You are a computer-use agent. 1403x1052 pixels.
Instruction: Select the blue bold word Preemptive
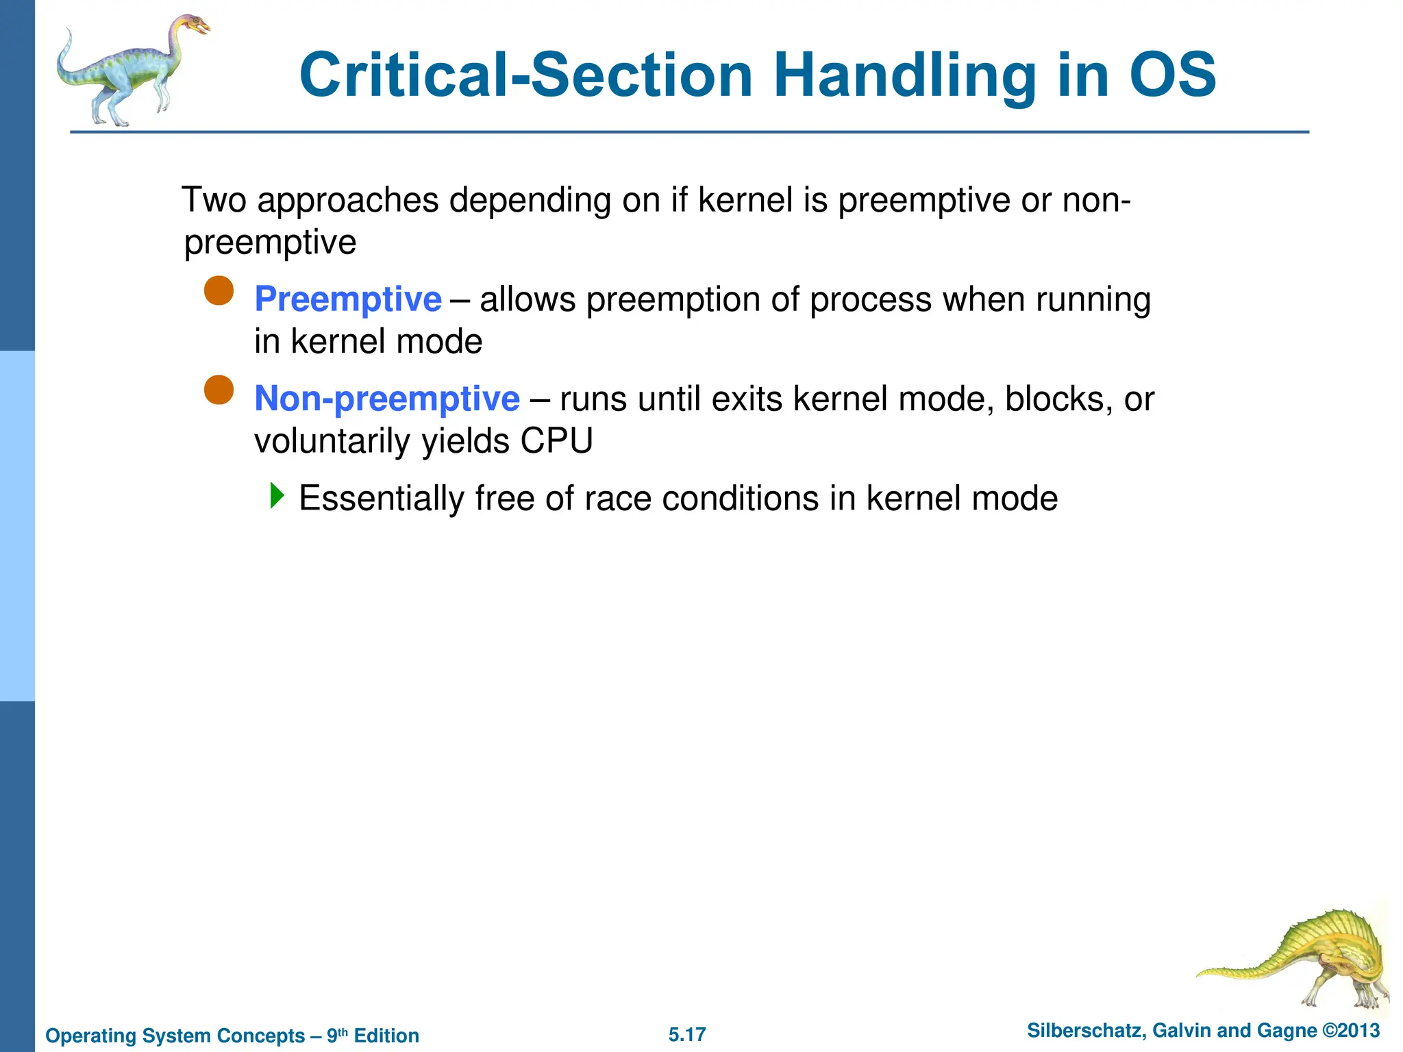point(347,299)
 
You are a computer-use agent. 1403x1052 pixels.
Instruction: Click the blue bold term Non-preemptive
point(386,399)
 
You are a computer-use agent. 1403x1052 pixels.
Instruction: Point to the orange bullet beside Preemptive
point(219,291)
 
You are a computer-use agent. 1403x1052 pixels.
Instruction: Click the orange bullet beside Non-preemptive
point(219,390)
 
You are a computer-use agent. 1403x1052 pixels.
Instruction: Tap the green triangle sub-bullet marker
point(276,495)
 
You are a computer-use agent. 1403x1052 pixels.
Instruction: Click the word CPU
point(556,440)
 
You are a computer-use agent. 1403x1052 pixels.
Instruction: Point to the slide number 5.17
point(687,1034)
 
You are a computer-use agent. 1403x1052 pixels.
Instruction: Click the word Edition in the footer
point(386,1036)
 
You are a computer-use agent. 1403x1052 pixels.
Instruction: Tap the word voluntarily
point(332,440)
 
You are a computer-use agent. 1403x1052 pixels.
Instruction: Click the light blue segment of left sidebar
point(17,526)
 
